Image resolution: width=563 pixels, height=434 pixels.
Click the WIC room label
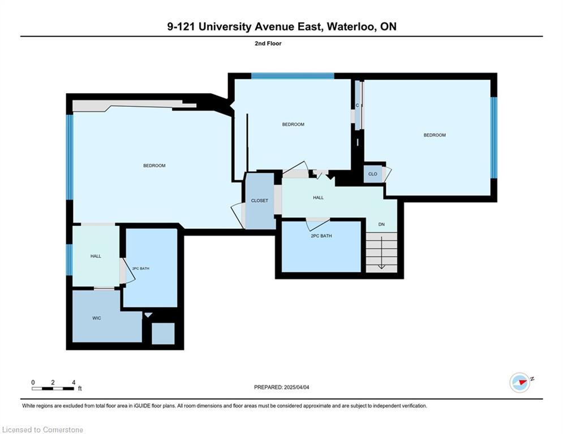click(97, 318)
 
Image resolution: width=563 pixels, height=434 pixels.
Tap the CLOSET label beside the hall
click(260, 201)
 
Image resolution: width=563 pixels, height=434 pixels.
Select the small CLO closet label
click(373, 174)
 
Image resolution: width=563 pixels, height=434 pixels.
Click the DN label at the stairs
click(381, 224)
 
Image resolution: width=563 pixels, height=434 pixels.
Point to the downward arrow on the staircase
click(381, 253)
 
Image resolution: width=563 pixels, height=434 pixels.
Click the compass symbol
click(520, 383)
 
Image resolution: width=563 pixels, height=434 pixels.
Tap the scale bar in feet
click(53, 388)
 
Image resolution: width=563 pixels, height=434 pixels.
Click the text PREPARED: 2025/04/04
click(282, 387)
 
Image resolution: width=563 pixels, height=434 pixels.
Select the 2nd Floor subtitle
click(268, 44)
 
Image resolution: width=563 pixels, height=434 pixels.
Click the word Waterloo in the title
click(350, 27)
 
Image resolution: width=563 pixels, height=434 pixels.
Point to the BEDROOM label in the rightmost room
click(435, 135)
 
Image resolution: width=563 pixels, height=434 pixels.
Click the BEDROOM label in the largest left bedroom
click(154, 166)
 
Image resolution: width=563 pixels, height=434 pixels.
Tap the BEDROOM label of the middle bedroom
click(293, 124)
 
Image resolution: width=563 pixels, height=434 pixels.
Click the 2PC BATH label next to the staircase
click(321, 236)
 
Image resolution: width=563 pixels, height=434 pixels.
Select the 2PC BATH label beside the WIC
click(141, 268)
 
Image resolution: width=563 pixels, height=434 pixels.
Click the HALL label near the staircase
click(318, 198)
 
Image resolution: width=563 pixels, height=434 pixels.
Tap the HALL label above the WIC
click(96, 256)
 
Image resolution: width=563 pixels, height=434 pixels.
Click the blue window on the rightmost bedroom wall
click(494, 138)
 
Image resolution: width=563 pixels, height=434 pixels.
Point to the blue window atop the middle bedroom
click(293, 76)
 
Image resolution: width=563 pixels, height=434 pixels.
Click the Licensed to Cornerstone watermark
click(43, 429)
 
